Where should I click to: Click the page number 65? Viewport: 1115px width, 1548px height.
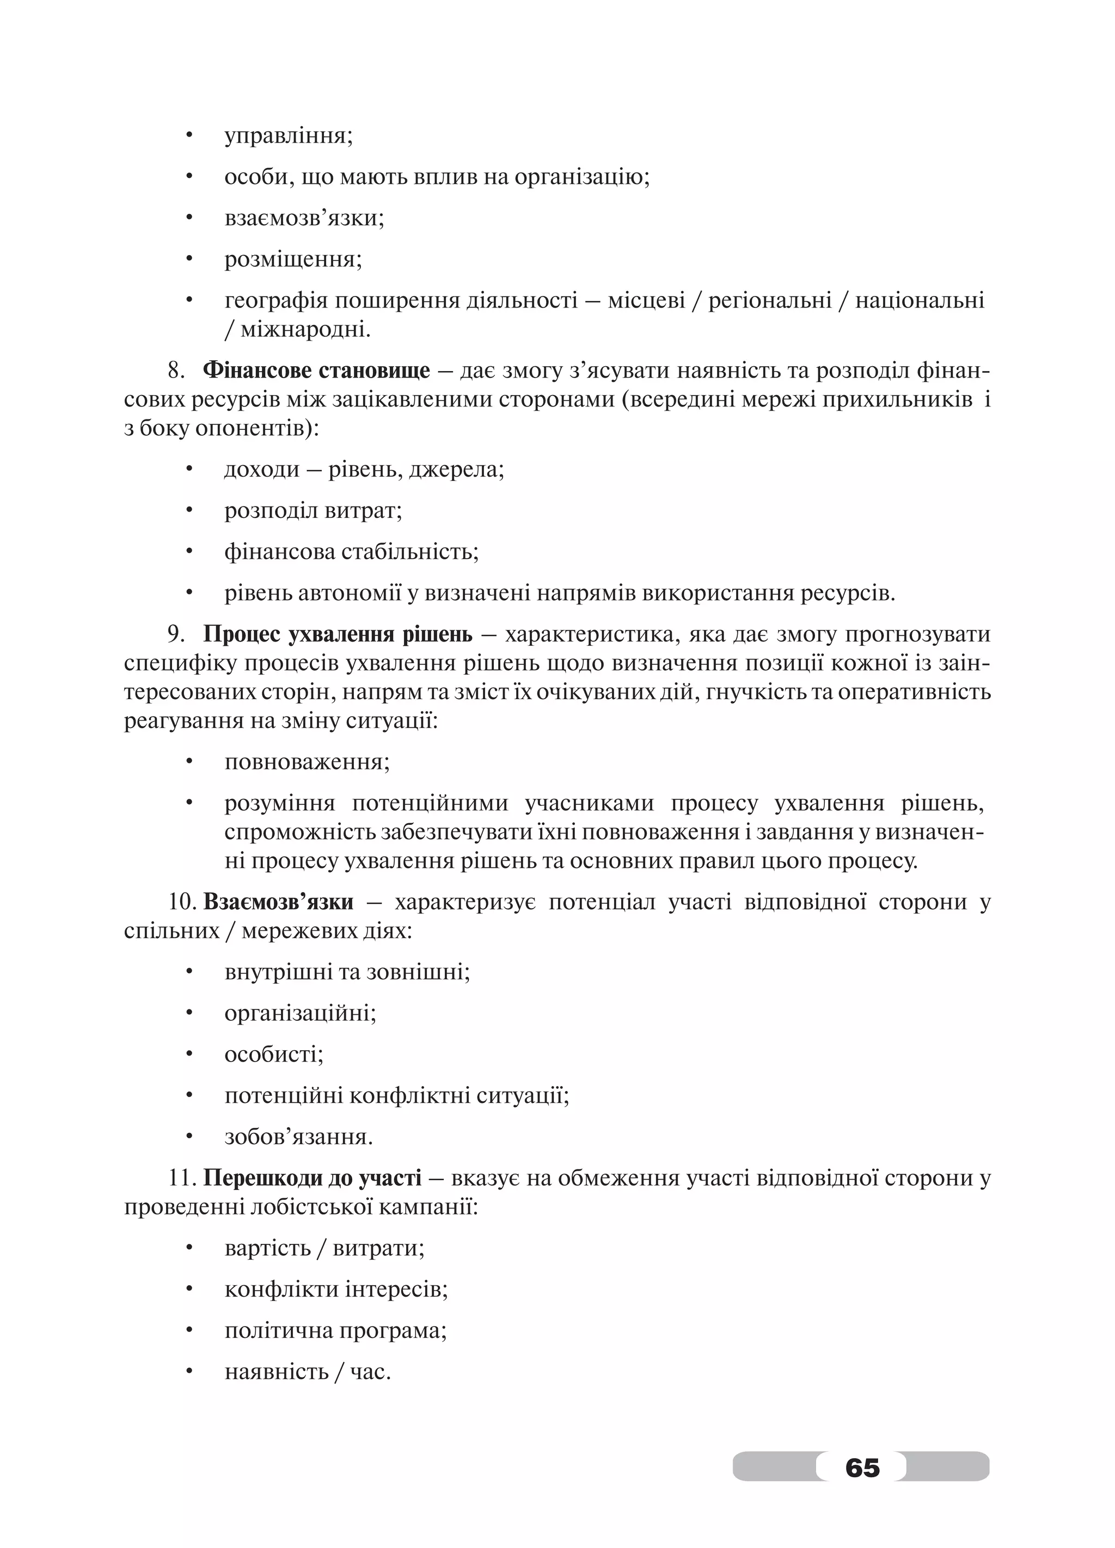point(862,1467)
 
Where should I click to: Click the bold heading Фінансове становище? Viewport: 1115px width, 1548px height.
point(317,370)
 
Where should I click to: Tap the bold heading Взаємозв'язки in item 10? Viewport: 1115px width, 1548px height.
point(279,902)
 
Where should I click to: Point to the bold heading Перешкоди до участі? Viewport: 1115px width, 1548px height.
point(312,1178)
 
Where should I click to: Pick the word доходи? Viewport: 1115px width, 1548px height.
point(262,470)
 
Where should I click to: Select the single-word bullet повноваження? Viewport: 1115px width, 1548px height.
point(305,762)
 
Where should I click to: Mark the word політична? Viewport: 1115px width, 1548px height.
point(277,1331)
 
